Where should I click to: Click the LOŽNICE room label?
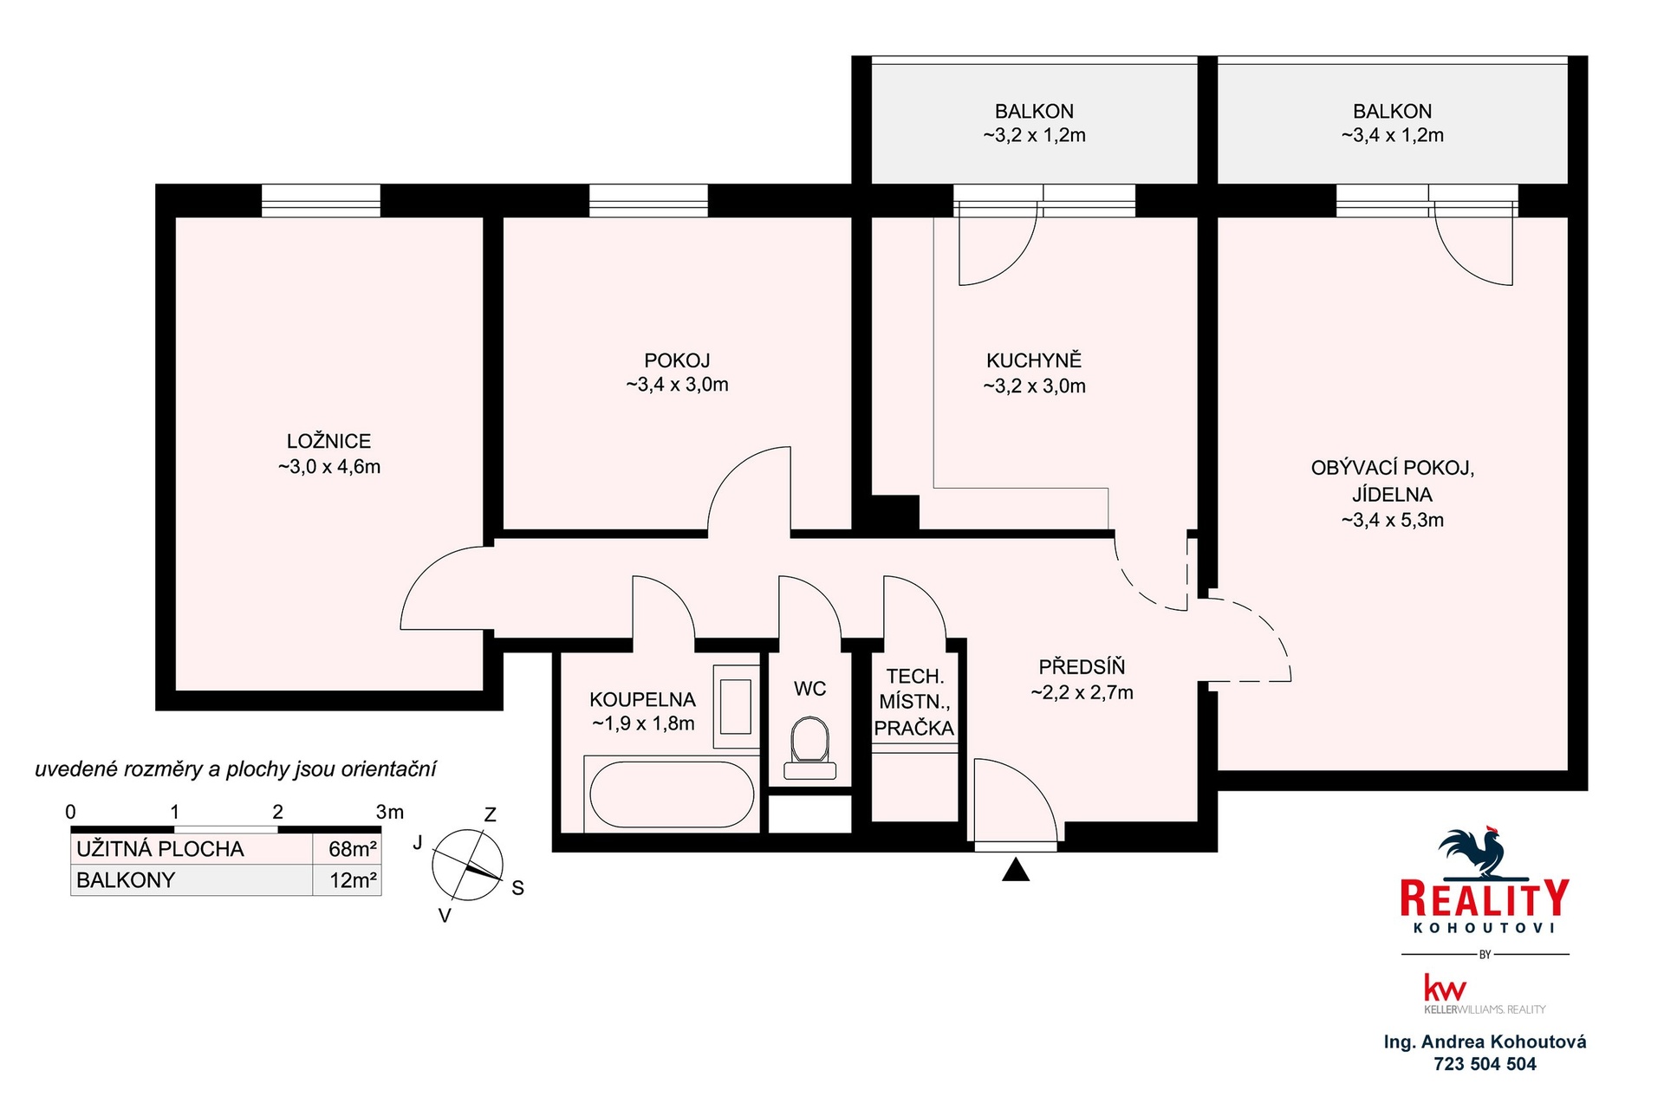pos(329,441)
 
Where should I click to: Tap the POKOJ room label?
pos(677,360)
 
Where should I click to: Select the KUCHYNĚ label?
pos(1034,360)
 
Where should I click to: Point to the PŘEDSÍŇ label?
pos(1082,666)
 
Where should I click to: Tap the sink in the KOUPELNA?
pos(736,706)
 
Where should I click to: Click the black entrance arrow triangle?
pos(1016,869)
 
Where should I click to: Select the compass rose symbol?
pos(468,865)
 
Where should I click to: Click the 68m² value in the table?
pos(353,849)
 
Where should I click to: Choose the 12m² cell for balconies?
pos(353,880)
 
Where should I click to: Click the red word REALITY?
pos(1485,898)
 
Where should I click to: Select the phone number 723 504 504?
pos(1485,1064)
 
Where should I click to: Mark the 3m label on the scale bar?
pos(390,812)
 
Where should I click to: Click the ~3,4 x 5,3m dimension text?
pos(1393,520)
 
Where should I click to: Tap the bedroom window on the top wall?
pos(321,200)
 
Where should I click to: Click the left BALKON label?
pos(1034,111)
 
